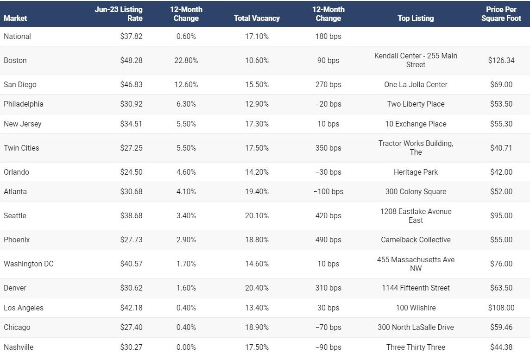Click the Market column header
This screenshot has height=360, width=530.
(15, 18)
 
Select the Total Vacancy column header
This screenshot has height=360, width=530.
(257, 18)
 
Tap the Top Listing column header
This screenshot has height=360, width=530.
(416, 18)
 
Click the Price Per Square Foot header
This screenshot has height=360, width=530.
(501, 14)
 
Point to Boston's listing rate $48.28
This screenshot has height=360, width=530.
(131, 60)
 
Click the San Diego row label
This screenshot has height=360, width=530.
(20, 84)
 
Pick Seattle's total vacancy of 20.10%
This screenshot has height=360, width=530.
(257, 215)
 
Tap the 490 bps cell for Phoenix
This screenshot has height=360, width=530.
(328, 240)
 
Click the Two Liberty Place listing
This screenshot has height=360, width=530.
(416, 104)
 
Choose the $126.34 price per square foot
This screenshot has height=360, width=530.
(501, 60)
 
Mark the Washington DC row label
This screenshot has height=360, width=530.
(29, 264)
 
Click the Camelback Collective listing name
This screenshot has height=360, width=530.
(416, 240)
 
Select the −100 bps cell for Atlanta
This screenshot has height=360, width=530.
(328, 191)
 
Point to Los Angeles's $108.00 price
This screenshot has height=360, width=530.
(501, 308)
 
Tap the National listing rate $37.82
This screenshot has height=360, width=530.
(131, 36)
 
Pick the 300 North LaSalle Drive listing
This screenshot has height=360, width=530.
(416, 327)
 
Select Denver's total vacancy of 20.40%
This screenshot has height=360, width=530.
(257, 288)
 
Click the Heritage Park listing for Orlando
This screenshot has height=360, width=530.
(416, 172)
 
